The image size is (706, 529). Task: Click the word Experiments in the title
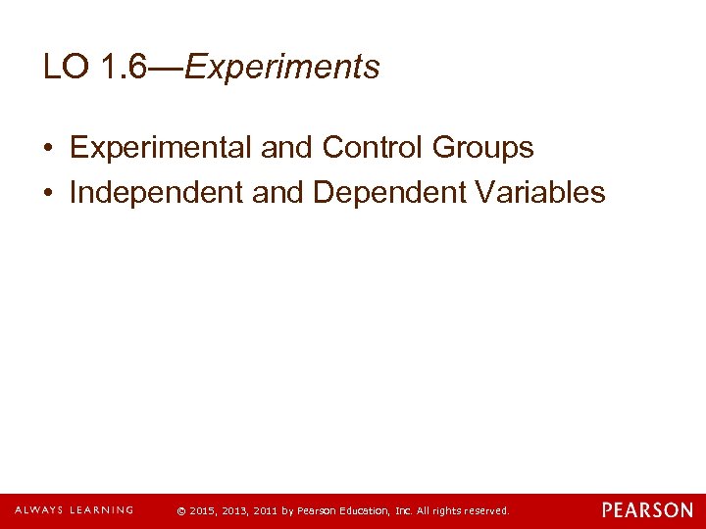[x=282, y=68]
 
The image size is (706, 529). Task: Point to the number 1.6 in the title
[x=127, y=68]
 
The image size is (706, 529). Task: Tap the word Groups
[x=480, y=148]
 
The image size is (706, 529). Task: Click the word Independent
[x=157, y=193]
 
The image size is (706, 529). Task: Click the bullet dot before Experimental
[x=48, y=149]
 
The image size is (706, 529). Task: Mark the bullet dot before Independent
[x=48, y=194]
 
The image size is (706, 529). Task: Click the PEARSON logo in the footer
[x=647, y=510]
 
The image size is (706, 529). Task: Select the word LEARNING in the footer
[x=98, y=510]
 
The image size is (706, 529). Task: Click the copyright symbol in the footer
[x=181, y=511]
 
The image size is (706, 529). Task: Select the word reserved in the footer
[x=486, y=511]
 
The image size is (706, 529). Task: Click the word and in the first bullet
[x=286, y=148]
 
